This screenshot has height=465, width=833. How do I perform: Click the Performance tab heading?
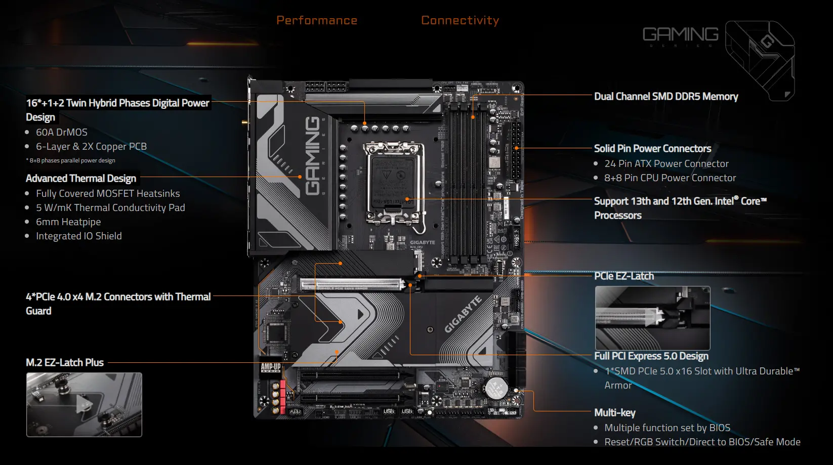click(x=317, y=20)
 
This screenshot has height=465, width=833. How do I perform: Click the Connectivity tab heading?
click(x=460, y=20)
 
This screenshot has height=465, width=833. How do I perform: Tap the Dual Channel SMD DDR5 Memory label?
click(x=665, y=96)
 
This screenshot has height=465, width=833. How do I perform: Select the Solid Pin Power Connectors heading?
click(x=652, y=148)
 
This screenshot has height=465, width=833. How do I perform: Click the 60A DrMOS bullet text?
click(x=61, y=132)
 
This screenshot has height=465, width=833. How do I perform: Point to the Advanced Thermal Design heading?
click(x=81, y=178)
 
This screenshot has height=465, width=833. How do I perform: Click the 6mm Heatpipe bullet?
click(x=68, y=222)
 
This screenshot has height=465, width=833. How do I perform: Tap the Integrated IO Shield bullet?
click(x=78, y=236)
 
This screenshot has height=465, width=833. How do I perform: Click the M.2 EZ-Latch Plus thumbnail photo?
click(x=84, y=404)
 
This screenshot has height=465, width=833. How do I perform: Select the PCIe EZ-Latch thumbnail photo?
click(x=652, y=318)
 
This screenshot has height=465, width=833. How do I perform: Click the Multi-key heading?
click(x=614, y=412)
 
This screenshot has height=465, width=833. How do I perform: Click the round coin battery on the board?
click(x=496, y=388)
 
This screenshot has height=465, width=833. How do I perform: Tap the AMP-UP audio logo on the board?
click(x=271, y=368)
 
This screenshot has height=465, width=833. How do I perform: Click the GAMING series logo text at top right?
click(x=680, y=34)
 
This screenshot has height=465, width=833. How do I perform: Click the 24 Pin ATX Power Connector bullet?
click(x=666, y=163)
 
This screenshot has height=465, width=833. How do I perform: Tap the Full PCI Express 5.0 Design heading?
click(x=651, y=356)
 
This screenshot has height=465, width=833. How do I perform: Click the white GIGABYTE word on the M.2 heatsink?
click(x=463, y=315)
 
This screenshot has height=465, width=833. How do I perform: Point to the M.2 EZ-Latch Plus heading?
click(x=65, y=362)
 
